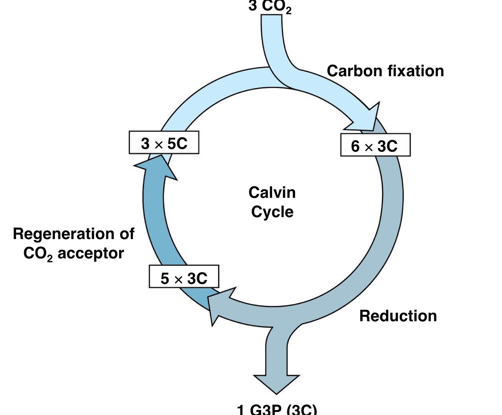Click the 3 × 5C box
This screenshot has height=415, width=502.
click(164, 143)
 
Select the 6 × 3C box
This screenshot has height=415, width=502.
click(375, 145)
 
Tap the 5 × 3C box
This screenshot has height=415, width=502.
click(184, 277)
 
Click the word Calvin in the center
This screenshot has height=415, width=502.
click(272, 193)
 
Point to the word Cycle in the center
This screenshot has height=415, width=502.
click(272, 212)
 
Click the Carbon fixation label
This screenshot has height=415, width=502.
click(385, 71)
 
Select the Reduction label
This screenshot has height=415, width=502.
click(398, 316)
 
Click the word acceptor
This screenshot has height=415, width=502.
click(91, 253)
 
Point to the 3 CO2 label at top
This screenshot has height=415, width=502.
click(270, 6)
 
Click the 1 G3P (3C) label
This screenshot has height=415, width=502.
click(277, 409)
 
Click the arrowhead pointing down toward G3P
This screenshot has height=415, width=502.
click(276, 383)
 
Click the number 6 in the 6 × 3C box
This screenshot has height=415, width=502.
click(355, 146)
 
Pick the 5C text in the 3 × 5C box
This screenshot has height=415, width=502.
click(177, 143)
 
